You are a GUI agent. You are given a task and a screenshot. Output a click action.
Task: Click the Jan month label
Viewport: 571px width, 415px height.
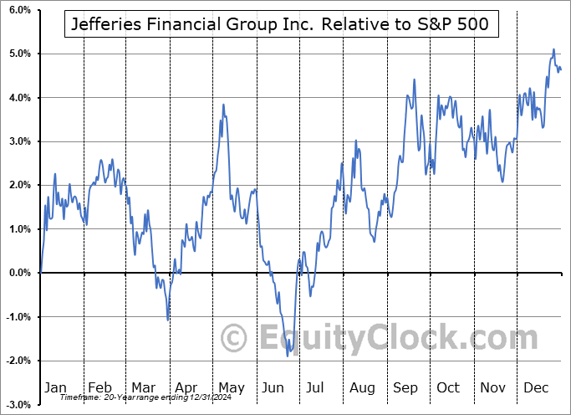(x=54, y=388)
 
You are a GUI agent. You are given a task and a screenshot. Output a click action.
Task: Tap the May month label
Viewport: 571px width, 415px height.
(x=231, y=388)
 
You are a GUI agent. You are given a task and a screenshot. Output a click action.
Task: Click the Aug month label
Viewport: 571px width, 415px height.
(x=363, y=388)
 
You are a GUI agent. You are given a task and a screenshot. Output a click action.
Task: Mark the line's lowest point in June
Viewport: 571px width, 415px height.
(x=288, y=356)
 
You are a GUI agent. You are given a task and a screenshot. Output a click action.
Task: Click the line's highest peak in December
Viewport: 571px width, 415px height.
(x=553, y=49)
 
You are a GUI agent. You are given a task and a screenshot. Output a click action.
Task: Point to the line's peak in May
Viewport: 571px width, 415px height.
(x=223, y=105)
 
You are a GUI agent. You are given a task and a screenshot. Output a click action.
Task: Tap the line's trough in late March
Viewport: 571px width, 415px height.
(x=168, y=320)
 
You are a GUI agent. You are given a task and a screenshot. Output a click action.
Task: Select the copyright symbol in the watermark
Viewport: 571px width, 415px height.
(x=235, y=339)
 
